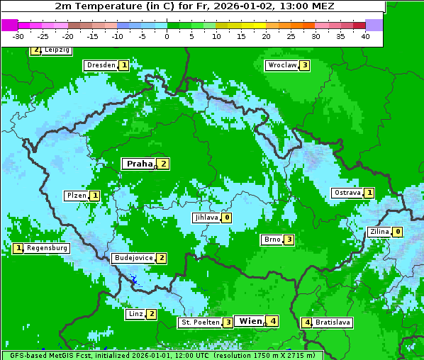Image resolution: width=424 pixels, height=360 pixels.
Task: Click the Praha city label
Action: point(139,164)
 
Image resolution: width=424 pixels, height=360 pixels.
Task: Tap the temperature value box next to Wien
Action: point(273,321)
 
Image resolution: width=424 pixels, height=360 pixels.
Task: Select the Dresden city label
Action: point(101,65)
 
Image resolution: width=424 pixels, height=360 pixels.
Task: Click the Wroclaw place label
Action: point(281,65)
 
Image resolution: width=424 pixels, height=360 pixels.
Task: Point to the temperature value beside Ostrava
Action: point(369,193)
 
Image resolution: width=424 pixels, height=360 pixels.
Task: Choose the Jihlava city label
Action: point(206,218)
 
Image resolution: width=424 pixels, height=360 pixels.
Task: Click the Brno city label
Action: point(272,240)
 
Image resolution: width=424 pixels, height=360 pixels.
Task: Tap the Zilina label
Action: point(379,232)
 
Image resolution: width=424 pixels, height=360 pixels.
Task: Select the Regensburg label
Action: point(47,248)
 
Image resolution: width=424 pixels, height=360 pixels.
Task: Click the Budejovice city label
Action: point(133,258)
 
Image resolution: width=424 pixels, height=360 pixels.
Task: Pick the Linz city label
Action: point(135,314)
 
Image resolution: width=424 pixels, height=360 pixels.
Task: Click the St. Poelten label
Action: point(200,322)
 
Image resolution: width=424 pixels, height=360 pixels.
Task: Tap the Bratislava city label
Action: point(333,322)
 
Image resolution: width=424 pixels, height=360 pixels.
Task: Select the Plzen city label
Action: point(77,196)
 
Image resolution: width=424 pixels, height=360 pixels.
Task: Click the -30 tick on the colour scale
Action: point(18,36)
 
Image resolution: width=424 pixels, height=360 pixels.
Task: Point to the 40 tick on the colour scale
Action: point(365,36)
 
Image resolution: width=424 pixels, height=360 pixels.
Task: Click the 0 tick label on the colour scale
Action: point(167,36)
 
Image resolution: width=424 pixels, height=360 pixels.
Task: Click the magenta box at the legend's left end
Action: point(10,25)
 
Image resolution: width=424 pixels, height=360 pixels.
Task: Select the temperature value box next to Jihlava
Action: point(227,218)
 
